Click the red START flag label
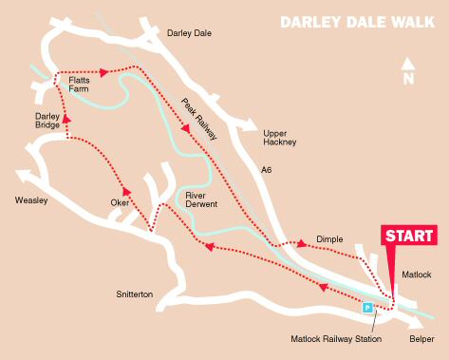(x=409, y=236)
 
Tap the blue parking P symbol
(x=367, y=308)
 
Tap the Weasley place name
(x=31, y=200)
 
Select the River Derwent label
(x=201, y=199)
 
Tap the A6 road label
(x=266, y=171)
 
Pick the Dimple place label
(x=329, y=241)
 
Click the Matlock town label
(x=416, y=275)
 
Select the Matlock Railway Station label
(x=335, y=339)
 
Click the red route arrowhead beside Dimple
(x=302, y=244)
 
